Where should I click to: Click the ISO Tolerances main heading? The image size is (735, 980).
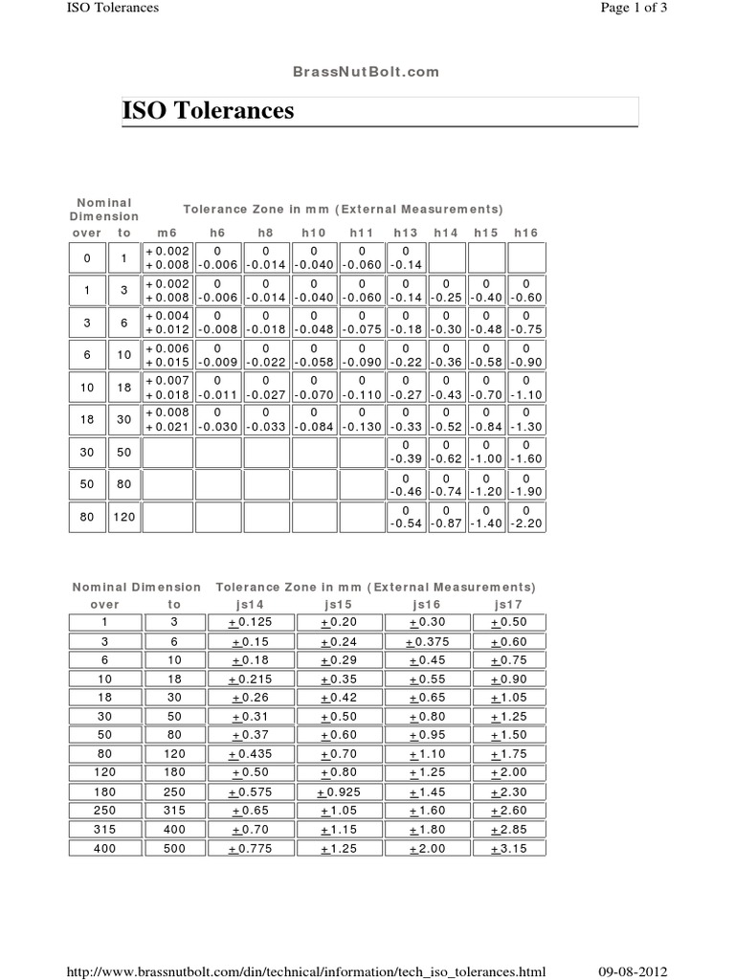[x=209, y=112]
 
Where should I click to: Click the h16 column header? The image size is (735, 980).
[x=526, y=233]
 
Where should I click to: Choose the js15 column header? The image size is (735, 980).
[x=340, y=605]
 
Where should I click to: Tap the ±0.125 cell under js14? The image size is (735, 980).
[x=252, y=623]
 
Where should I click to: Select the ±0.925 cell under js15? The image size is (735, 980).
[x=340, y=793]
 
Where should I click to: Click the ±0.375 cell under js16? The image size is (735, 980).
[x=426, y=642]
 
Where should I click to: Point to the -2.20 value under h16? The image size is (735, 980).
[x=526, y=523]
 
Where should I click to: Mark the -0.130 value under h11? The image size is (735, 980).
[x=362, y=427]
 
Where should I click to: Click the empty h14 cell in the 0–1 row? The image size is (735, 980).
[x=447, y=257]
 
